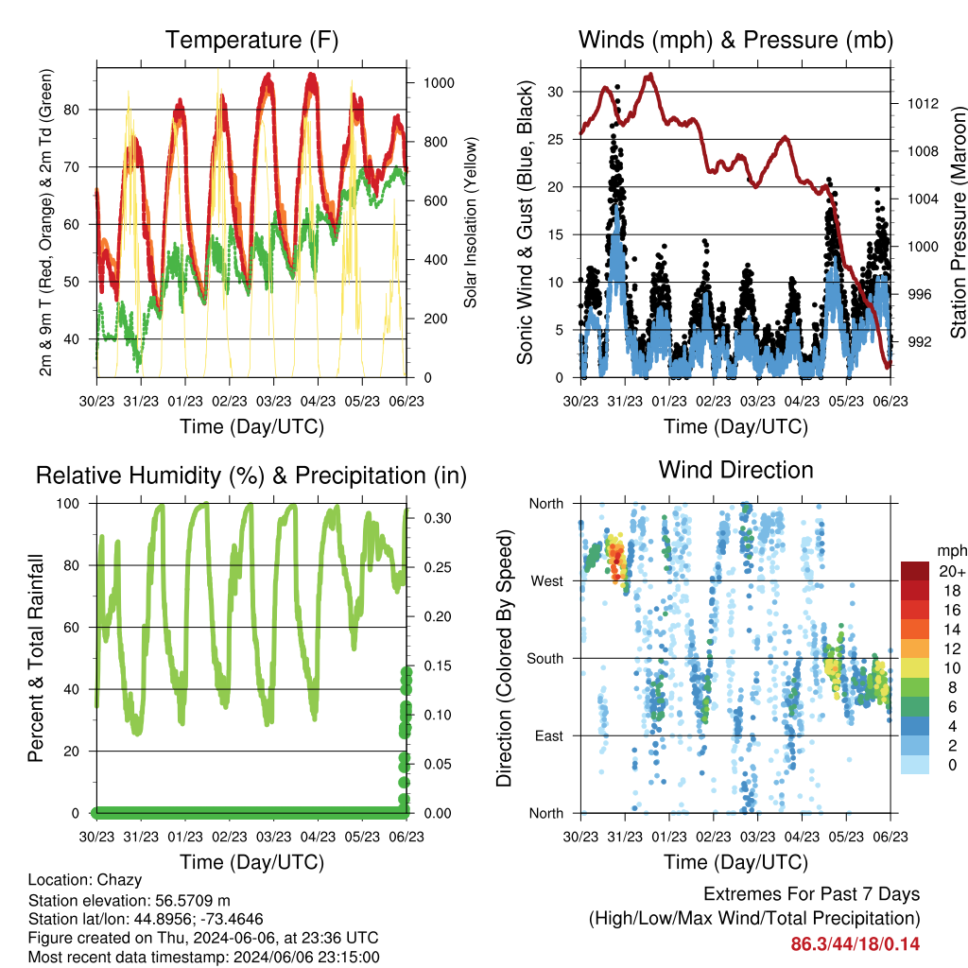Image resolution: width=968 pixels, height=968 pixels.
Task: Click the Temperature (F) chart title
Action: [x=251, y=40]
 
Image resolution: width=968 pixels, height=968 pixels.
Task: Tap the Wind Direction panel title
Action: [x=735, y=470]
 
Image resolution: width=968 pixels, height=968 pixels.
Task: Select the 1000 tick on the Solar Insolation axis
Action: [x=439, y=83]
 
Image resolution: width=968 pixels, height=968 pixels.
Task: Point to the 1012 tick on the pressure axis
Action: [x=923, y=103]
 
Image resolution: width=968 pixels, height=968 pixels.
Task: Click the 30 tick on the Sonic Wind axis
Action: [x=555, y=92]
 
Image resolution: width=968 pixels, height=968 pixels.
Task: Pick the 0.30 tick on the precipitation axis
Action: [x=438, y=518]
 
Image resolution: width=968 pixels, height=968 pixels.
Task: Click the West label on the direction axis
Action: [x=547, y=581]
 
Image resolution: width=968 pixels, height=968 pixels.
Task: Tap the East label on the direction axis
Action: [x=549, y=735]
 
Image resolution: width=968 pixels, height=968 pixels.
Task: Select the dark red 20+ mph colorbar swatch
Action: [x=915, y=571]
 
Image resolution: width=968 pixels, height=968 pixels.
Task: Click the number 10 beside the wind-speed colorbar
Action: [x=953, y=668]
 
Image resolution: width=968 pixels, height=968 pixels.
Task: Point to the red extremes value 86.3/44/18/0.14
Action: [x=855, y=944]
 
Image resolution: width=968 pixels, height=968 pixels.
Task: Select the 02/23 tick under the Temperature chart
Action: [x=230, y=401]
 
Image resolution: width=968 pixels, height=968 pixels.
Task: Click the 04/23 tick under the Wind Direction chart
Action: [x=802, y=837]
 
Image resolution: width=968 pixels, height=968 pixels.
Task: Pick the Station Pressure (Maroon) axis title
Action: [x=958, y=222]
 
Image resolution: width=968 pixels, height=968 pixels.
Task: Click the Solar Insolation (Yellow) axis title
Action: [x=471, y=222]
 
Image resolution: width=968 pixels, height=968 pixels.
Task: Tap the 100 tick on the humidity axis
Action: [x=68, y=503]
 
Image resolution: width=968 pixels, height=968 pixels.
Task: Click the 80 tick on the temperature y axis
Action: [x=72, y=110]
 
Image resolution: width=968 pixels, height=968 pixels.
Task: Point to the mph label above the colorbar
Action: [x=952, y=551]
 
